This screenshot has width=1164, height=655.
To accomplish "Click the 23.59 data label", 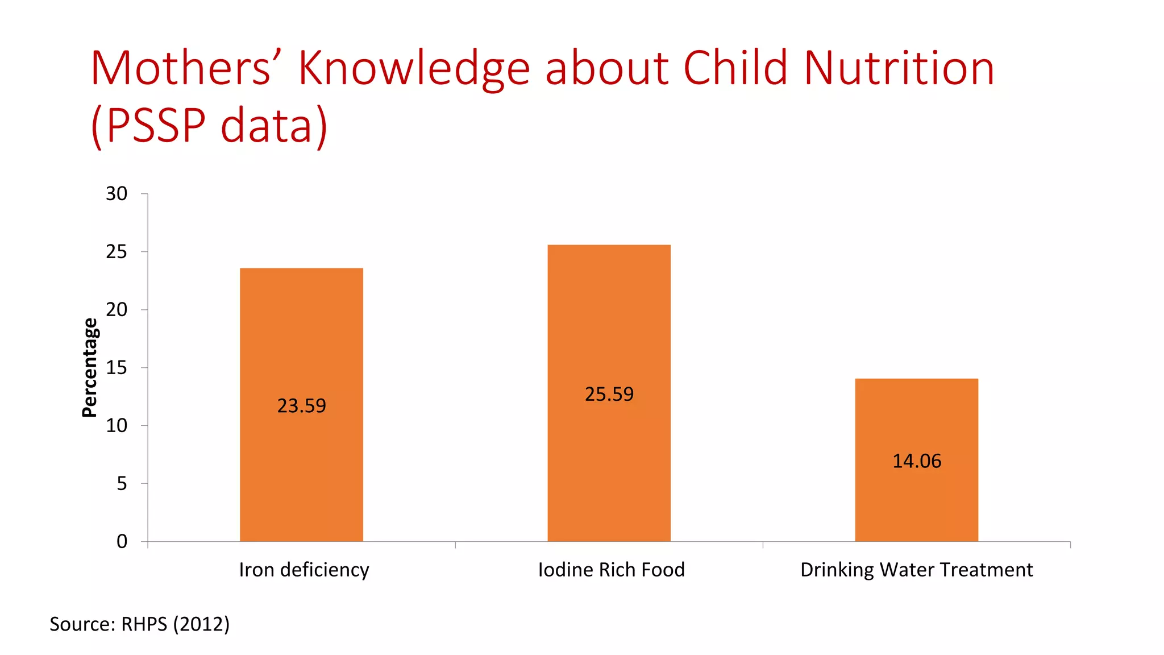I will pos(301,405).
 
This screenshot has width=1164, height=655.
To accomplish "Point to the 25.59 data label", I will pos(609,394).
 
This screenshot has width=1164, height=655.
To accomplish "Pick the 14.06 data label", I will pos(916,461).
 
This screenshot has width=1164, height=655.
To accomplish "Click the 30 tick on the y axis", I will pos(117,194).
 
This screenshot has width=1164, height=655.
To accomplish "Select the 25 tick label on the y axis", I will pos(117,252).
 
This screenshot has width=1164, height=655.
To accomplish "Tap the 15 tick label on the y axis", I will pos(117,368).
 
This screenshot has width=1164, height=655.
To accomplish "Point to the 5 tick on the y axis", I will pos(122,484).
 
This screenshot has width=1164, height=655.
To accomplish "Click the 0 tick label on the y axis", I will pos(122,541).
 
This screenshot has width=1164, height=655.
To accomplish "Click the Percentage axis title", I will pos(90,368).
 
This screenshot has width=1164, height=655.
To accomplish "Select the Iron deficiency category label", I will pos(304,570).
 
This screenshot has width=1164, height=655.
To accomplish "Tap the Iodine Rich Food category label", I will pos(611,570).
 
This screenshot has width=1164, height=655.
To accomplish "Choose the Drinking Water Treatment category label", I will pos(916,570).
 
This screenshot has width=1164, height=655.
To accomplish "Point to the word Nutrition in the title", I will pos(898,68).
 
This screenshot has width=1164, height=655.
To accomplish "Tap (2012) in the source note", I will pos(201,624).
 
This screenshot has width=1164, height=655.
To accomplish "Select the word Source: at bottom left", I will pos(82,624).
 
